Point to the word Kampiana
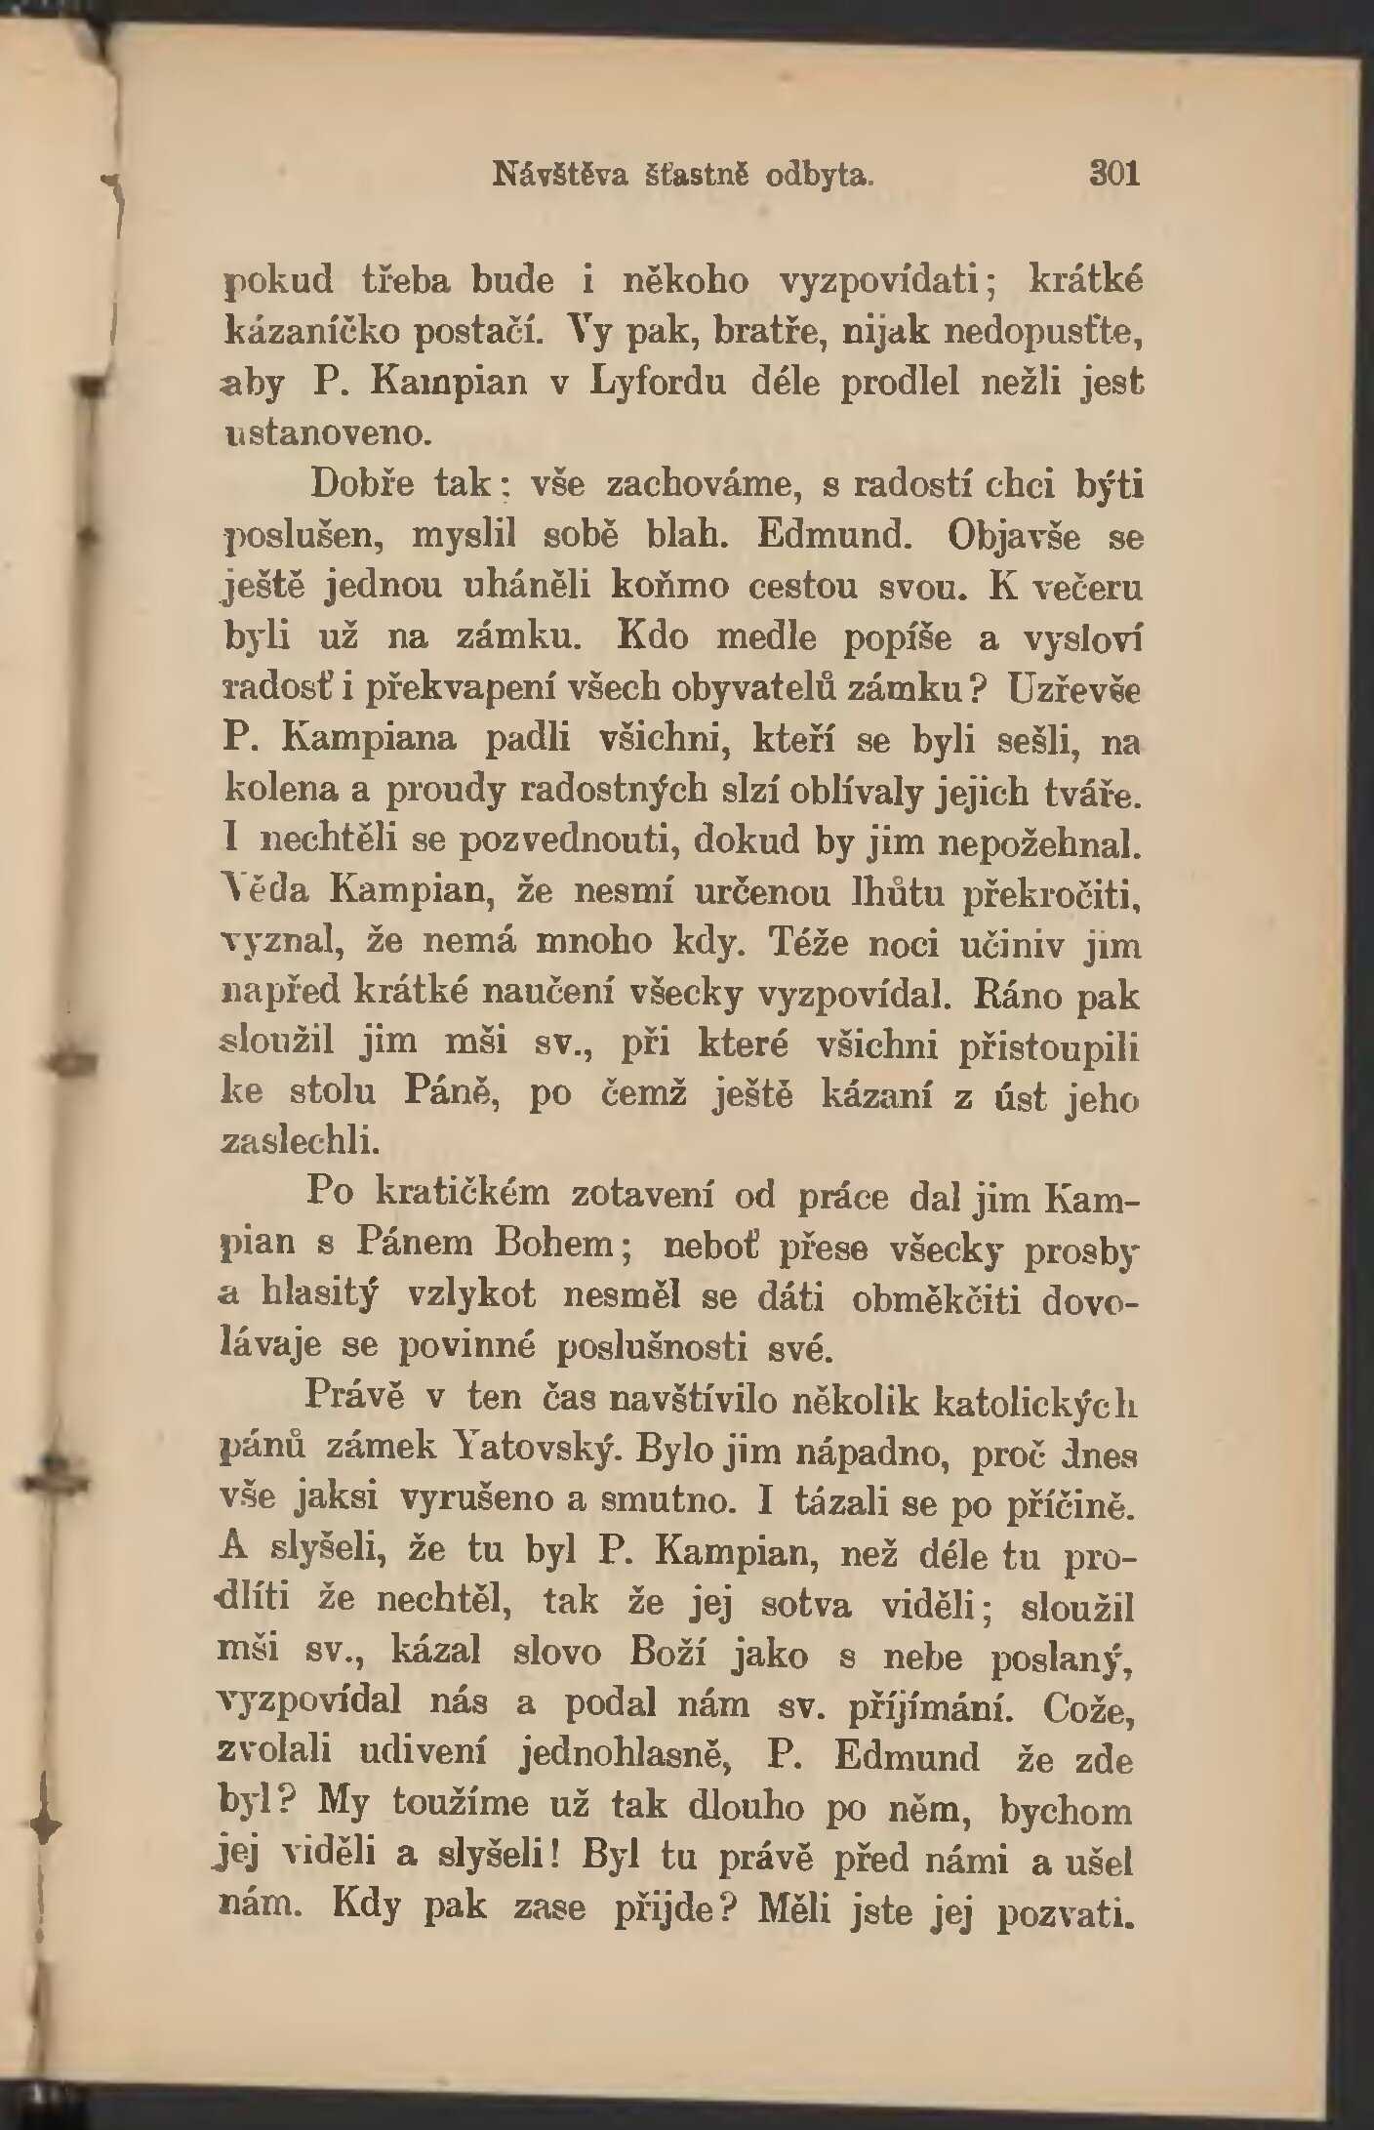pos(369,741)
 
